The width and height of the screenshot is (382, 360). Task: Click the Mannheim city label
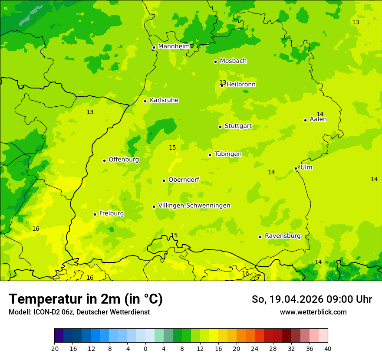(x=174, y=46)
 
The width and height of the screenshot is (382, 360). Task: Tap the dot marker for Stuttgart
(x=220, y=127)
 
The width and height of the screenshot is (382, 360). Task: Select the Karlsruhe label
(x=164, y=100)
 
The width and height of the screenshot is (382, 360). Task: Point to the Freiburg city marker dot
(x=95, y=214)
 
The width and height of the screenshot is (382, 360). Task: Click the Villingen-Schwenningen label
(x=194, y=206)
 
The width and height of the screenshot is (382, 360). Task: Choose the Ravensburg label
(x=282, y=236)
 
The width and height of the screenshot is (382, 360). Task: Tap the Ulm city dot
(x=296, y=168)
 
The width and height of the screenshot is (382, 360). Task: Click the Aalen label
(x=318, y=119)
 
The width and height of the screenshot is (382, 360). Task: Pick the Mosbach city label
(x=233, y=61)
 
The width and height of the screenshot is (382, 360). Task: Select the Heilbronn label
(x=241, y=85)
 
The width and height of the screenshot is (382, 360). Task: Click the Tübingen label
(x=227, y=154)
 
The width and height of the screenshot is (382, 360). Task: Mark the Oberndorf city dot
(x=164, y=180)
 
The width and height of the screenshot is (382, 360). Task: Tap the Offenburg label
(x=123, y=160)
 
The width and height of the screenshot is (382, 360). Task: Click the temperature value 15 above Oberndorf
(x=172, y=148)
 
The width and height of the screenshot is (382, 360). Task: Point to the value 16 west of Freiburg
(x=36, y=229)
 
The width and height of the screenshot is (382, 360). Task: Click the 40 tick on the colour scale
(x=327, y=348)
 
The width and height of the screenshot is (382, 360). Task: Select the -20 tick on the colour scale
(x=54, y=348)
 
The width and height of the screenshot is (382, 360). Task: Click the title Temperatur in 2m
(x=86, y=299)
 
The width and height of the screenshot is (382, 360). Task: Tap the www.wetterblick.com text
(x=313, y=312)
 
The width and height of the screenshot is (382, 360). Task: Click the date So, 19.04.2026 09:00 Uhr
(x=312, y=299)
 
